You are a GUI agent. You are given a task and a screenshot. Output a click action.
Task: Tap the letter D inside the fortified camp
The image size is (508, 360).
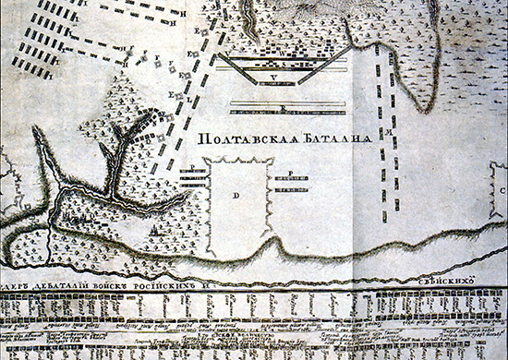(x=236, y=197)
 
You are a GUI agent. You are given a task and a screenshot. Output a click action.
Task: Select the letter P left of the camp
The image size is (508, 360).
(x=191, y=169)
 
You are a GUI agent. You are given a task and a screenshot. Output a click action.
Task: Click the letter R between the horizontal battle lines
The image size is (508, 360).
(x=282, y=105)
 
